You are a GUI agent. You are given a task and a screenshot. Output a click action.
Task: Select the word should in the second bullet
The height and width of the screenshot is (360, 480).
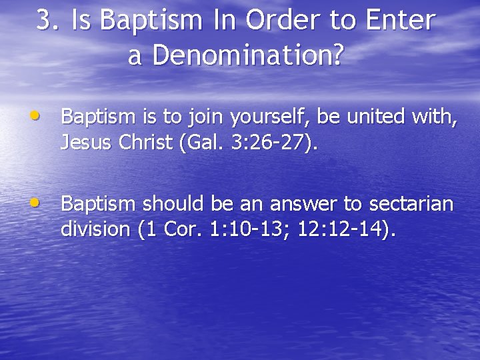(170, 204)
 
